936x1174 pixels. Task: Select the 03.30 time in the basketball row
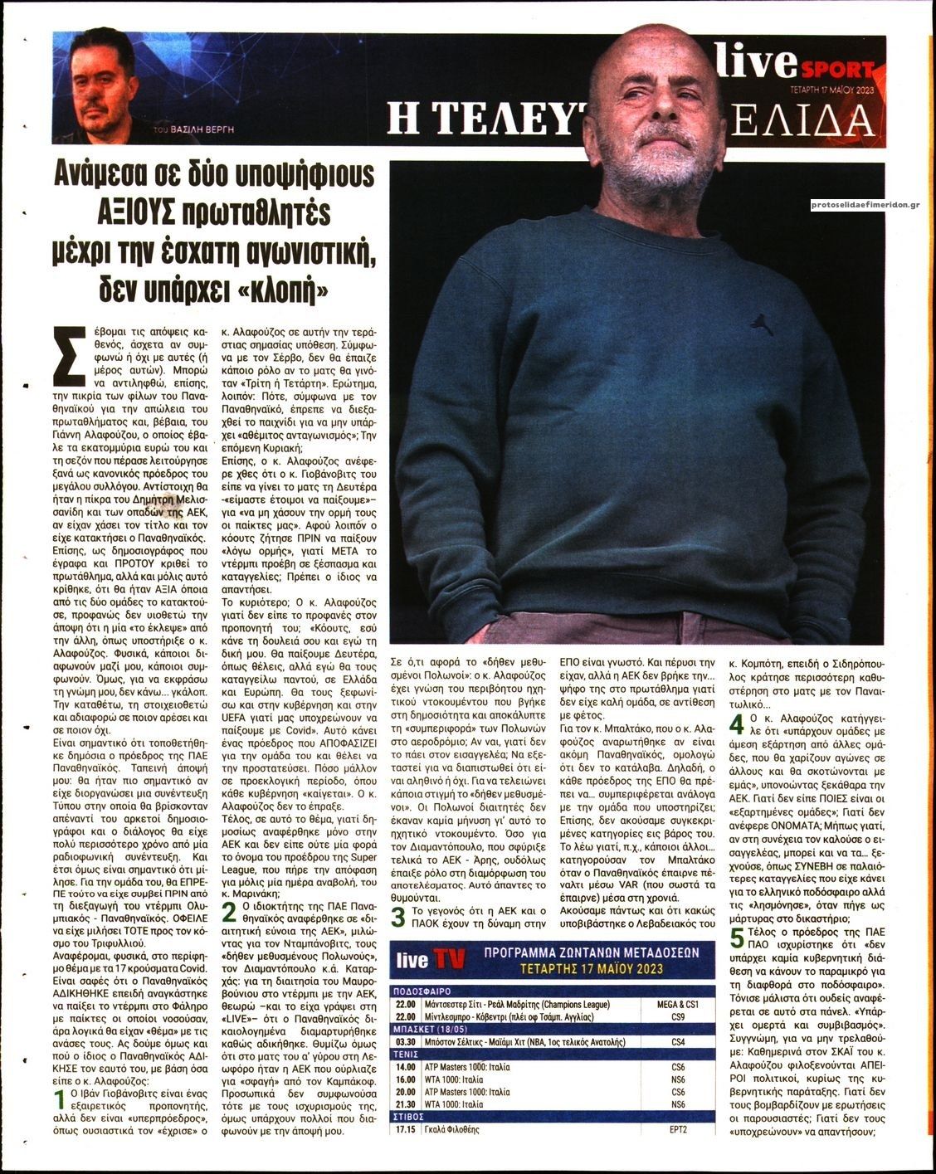click(x=405, y=1041)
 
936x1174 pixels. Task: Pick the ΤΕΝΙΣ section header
click(x=406, y=1054)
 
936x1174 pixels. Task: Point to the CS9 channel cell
click(x=679, y=1016)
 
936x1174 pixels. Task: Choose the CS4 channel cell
click(x=679, y=1041)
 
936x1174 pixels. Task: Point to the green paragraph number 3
click(x=398, y=917)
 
